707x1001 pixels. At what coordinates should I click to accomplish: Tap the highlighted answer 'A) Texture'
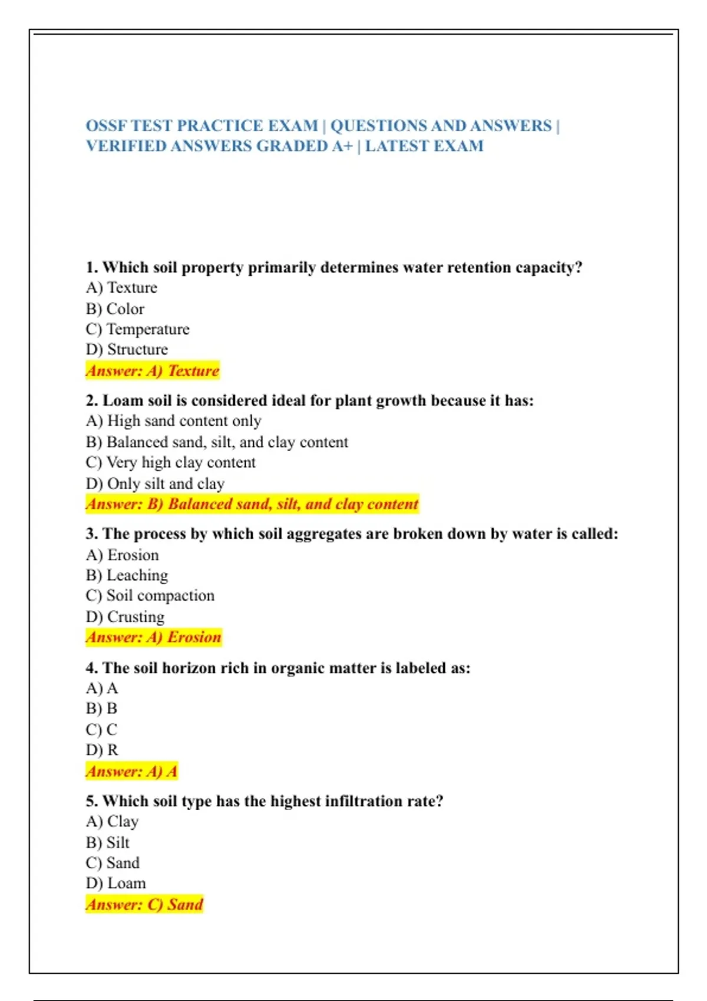(x=153, y=370)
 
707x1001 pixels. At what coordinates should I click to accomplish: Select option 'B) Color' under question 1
(x=115, y=309)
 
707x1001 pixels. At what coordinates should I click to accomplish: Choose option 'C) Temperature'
(x=137, y=329)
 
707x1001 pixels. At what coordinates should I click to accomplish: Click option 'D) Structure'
(x=127, y=349)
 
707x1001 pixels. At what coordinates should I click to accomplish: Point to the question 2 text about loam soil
(x=309, y=400)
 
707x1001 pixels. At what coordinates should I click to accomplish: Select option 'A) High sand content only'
(x=173, y=421)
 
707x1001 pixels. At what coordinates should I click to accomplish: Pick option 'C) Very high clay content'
(x=170, y=462)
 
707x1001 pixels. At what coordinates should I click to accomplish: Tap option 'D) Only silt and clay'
(x=155, y=483)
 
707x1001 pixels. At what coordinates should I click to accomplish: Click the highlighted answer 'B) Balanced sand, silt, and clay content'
(x=252, y=504)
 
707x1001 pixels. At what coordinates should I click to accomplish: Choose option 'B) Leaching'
(x=127, y=575)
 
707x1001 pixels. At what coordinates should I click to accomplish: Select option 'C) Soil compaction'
(x=150, y=595)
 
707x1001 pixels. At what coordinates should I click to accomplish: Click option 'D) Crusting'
(x=125, y=616)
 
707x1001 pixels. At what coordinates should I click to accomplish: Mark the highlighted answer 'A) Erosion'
(x=153, y=637)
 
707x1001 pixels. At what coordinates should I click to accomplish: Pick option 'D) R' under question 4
(x=102, y=750)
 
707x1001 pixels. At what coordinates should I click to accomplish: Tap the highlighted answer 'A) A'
(x=131, y=771)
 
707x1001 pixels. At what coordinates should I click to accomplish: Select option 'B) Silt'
(x=107, y=842)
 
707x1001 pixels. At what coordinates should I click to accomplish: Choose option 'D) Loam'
(x=115, y=883)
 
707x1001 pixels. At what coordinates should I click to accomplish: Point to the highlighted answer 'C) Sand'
(x=144, y=904)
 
